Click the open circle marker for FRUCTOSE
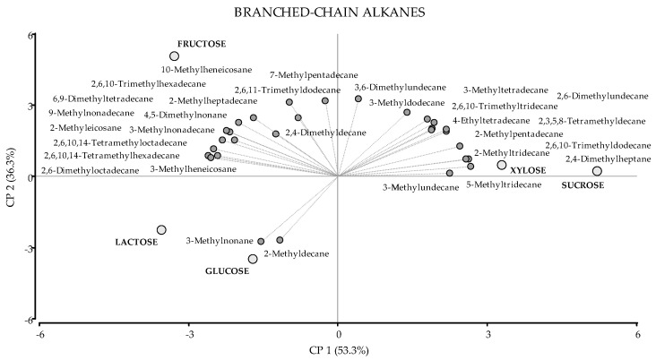pyautogui.click(x=175, y=56)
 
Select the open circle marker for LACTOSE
pyautogui.click(x=161, y=230)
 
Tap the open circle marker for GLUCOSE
pyautogui.click(x=253, y=259)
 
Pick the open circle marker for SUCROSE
pyautogui.click(x=597, y=171)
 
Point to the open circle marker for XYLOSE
pyautogui.click(x=502, y=165)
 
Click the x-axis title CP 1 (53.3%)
pyautogui.click(x=337, y=348)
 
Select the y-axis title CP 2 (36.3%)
pyautogui.click(x=10, y=177)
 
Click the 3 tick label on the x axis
pyautogui.click(x=488, y=333)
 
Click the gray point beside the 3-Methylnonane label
pyautogui.click(x=261, y=241)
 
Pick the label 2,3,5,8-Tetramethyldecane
pyautogui.click(x=597, y=120)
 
